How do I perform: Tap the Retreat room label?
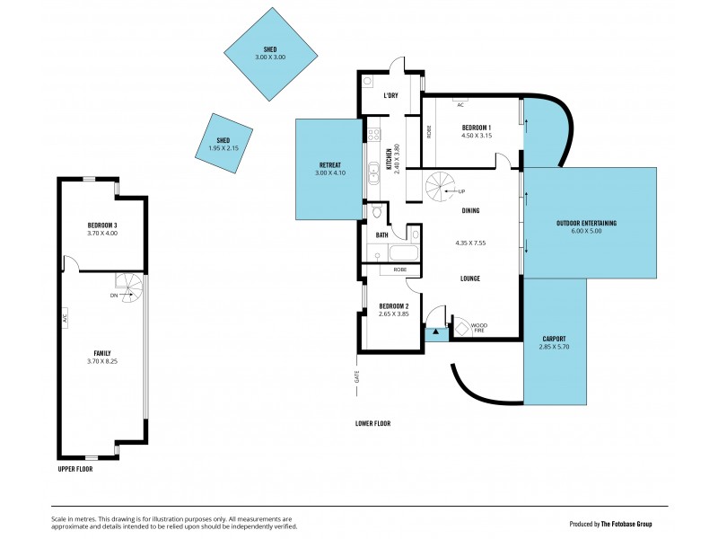[x=329, y=164]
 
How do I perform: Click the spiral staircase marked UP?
[x=441, y=186]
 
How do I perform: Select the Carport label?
[x=554, y=339]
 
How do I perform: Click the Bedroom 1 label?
[x=477, y=128]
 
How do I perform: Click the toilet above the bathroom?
[x=377, y=213]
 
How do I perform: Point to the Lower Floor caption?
[x=372, y=423]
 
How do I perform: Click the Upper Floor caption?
[x=75, y=468]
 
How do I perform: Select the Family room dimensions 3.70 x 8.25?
[x=102, y=362]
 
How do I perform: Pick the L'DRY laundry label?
[x=390, y=95]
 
